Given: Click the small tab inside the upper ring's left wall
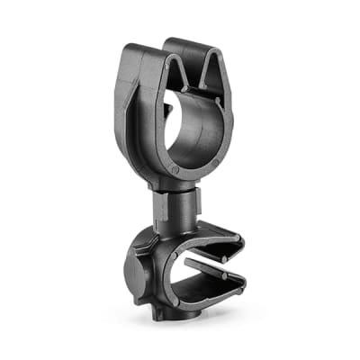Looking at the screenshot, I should click(x=167, y=109).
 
